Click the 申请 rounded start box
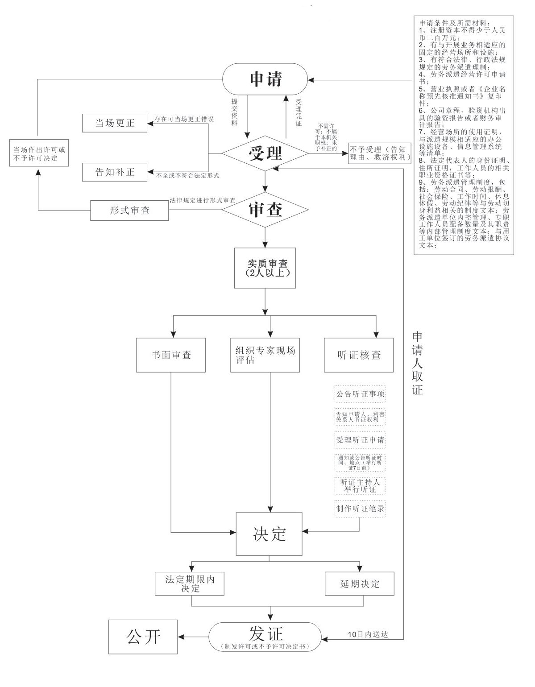click(265, 80)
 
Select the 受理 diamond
click(265, 153)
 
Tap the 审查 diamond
click(265, 210)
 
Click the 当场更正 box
click(115, 123)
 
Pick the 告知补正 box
click(115, 172)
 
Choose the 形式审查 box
click(129, 211)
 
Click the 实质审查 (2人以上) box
click(265, 268)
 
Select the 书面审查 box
click(171, 355)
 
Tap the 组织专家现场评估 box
click(265, 355)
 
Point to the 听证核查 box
click(359, 355)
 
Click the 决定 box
click(269, 534)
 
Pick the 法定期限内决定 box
click(190, 584)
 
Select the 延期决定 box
click(360, 584)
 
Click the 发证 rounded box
click(265, 636)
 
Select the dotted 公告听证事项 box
click(360, 394)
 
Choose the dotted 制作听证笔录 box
click(360, 509)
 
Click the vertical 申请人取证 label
click(417, 363)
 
